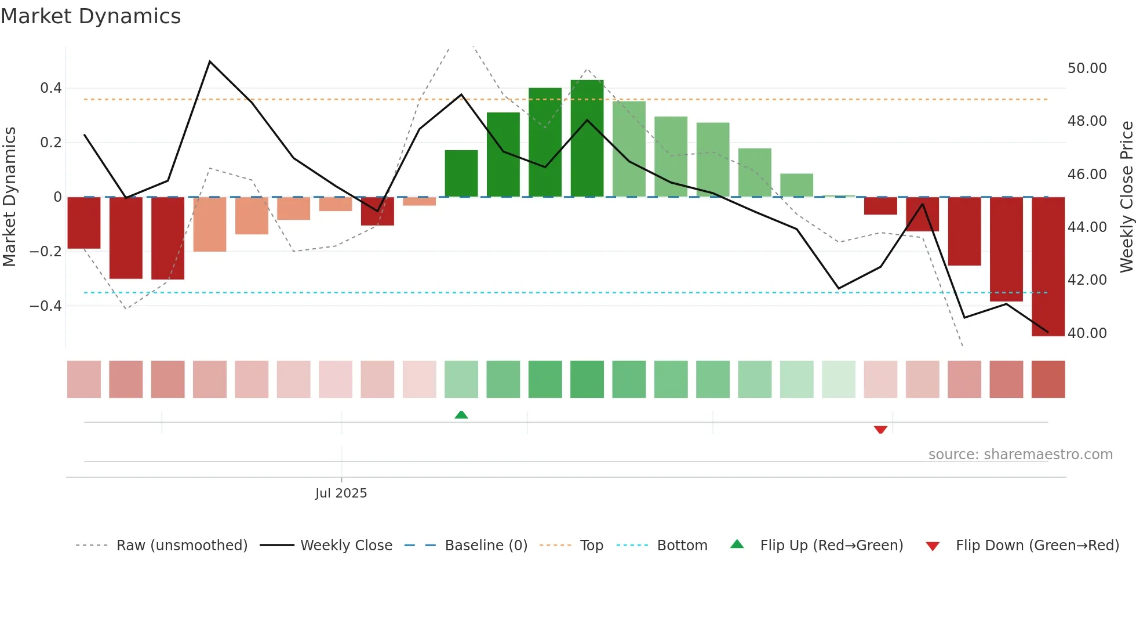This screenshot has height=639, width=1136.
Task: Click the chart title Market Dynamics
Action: (x=91, y=16)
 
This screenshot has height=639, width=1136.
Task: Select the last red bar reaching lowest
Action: (x=1048, y=267)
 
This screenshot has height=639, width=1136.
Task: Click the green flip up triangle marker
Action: (x=461, y=415)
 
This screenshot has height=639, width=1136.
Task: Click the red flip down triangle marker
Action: (x=880, y=430)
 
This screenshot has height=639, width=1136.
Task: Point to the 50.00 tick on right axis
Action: (x=1087, y=68)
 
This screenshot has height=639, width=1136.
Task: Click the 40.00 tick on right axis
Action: (x=1087, y=333)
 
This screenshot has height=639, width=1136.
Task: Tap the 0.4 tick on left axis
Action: (x=51, y=88)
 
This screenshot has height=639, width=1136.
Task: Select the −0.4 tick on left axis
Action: (x=46, y=306)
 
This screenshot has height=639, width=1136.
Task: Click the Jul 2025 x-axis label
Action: (x=341, y=493)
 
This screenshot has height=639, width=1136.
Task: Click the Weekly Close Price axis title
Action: (x=1126, y=197)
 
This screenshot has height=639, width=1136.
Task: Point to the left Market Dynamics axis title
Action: (x=9, y=197)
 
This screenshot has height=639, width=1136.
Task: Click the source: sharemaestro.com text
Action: (x=1020, y=455)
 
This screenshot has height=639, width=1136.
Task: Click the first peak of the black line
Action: (x=210, y=61)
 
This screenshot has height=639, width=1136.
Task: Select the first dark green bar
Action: (x=461, y=173)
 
